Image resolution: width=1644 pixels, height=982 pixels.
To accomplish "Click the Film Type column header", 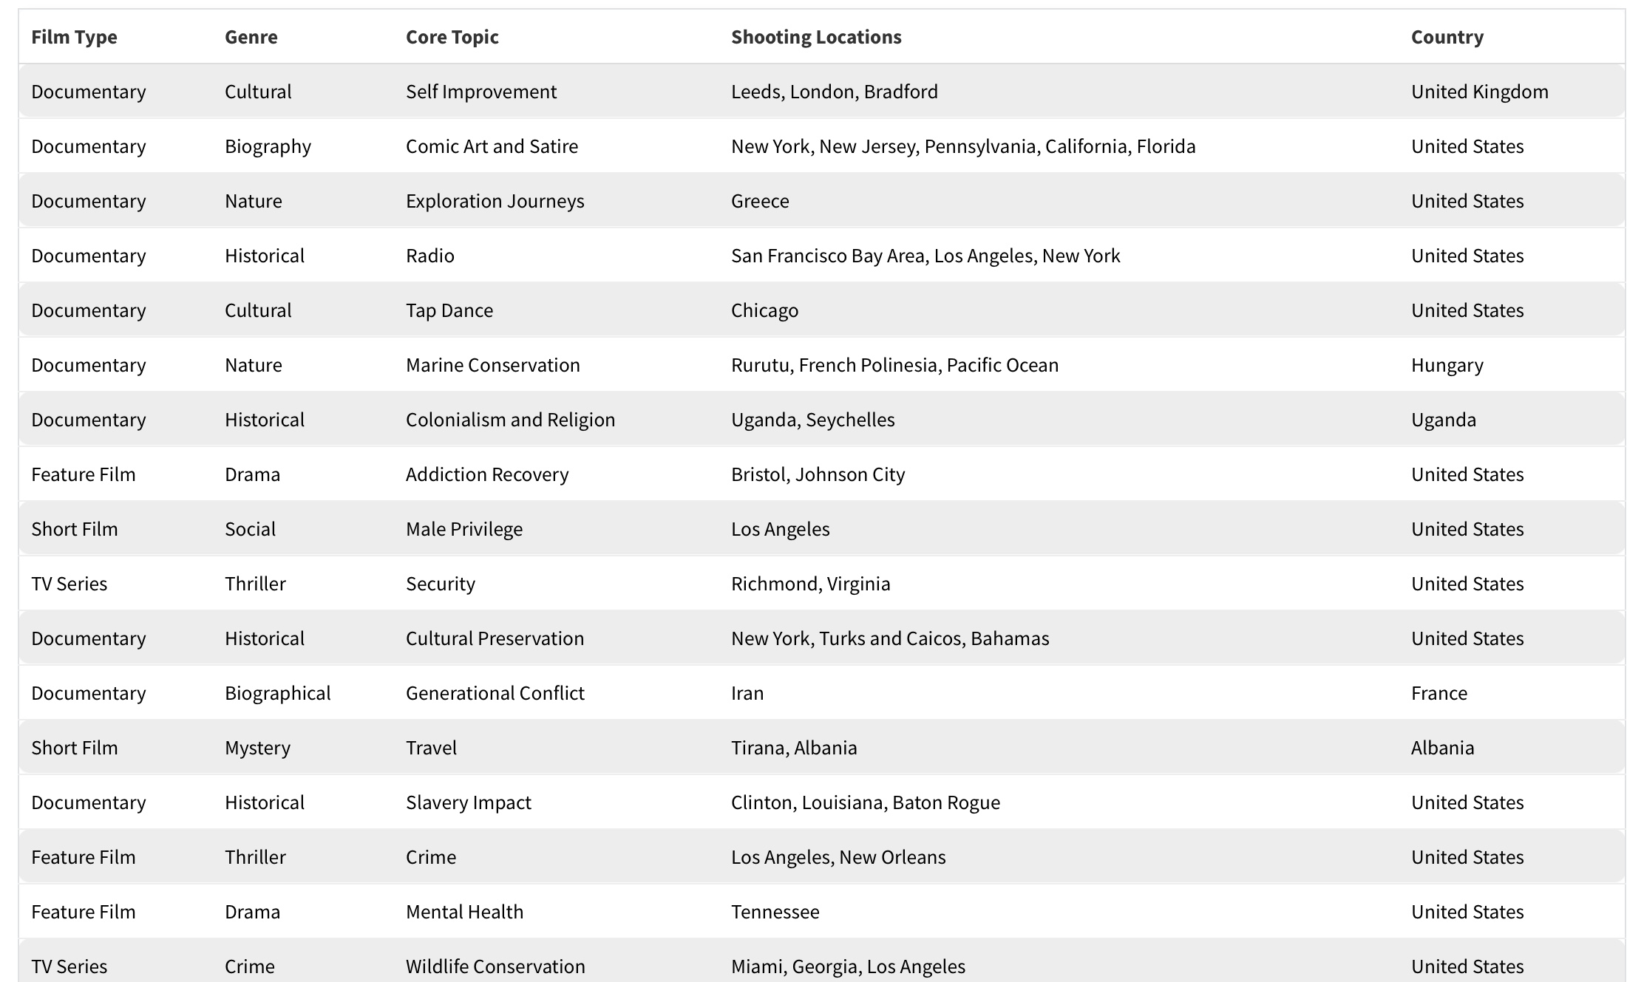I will pos(74,37).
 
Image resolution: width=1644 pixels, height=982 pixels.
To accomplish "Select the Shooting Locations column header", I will pos(816,37).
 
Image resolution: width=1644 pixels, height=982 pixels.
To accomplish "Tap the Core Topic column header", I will pos(452,37).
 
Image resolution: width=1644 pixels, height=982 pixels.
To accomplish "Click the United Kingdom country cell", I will pos(1479,92).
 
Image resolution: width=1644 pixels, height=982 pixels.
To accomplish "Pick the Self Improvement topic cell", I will pos(480,92).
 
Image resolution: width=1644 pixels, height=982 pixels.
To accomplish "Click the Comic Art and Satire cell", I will pos(492,146).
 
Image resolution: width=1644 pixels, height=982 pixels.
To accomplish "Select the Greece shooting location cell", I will pos(760,201).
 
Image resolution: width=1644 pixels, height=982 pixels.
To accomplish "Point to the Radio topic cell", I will pos(429,256).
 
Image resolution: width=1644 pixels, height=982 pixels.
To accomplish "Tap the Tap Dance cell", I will pos(449,310).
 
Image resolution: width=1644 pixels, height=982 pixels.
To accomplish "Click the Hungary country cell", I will pos(1447,365).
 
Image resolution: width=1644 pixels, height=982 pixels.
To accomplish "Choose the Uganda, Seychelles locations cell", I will pos(812,420).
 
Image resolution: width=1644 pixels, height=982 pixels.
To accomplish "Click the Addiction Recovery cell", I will pos(486,474).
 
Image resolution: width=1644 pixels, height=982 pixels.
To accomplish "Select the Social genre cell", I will pos(250,529).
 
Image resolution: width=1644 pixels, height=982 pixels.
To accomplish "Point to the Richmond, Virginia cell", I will pos(810,584).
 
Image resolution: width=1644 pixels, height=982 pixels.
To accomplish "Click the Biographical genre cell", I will pos(277,693).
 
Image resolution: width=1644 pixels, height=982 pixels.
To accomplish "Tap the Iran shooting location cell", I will pos(747,693).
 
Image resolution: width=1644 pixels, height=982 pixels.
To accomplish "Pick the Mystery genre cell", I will pos(257,748).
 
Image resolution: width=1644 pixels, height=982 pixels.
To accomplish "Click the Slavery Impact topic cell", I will pos(468,802).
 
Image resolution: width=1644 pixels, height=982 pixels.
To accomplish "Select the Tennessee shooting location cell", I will pos(775,912).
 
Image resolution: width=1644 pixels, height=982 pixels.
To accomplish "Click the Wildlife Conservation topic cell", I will pos(495,966).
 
